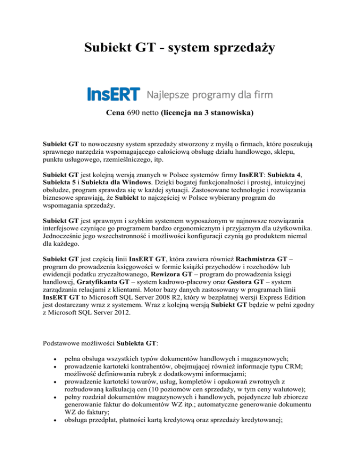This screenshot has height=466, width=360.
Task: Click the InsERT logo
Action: coord(113,94)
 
